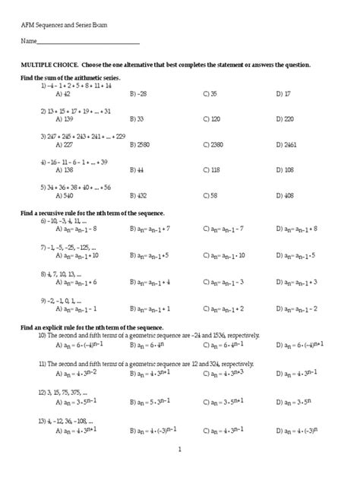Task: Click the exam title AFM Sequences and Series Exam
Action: coord(64,25)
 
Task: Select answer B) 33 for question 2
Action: coord(137,119)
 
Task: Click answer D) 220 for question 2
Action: coord(286,119)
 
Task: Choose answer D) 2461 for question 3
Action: coord(287,144)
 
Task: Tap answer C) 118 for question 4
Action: coord(212,170)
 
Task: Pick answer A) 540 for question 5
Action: coord(64,195)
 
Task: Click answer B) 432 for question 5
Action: coord(137,195)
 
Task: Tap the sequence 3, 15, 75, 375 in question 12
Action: coord(63,393)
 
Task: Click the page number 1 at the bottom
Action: coord(180,450)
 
